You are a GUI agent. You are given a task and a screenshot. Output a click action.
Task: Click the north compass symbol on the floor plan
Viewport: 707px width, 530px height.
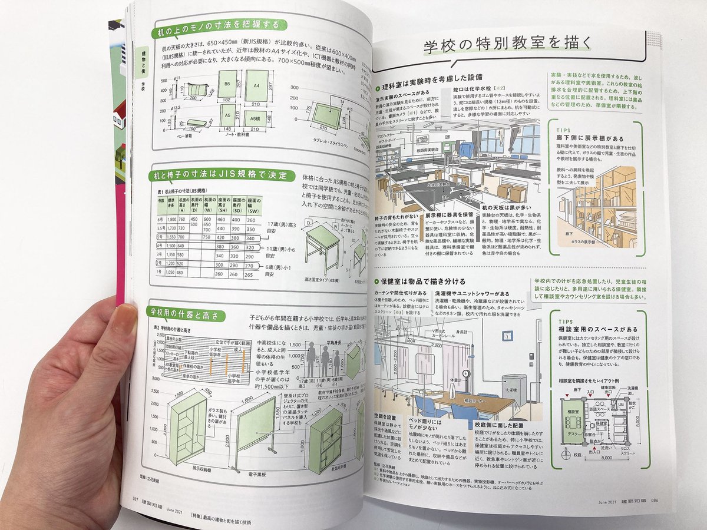tap(564, 455)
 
